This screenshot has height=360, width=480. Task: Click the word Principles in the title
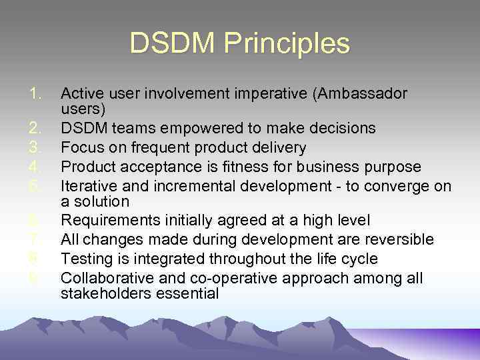[287, 44]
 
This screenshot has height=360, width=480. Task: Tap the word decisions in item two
[344, 128]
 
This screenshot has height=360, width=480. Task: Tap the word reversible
[397, 239]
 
